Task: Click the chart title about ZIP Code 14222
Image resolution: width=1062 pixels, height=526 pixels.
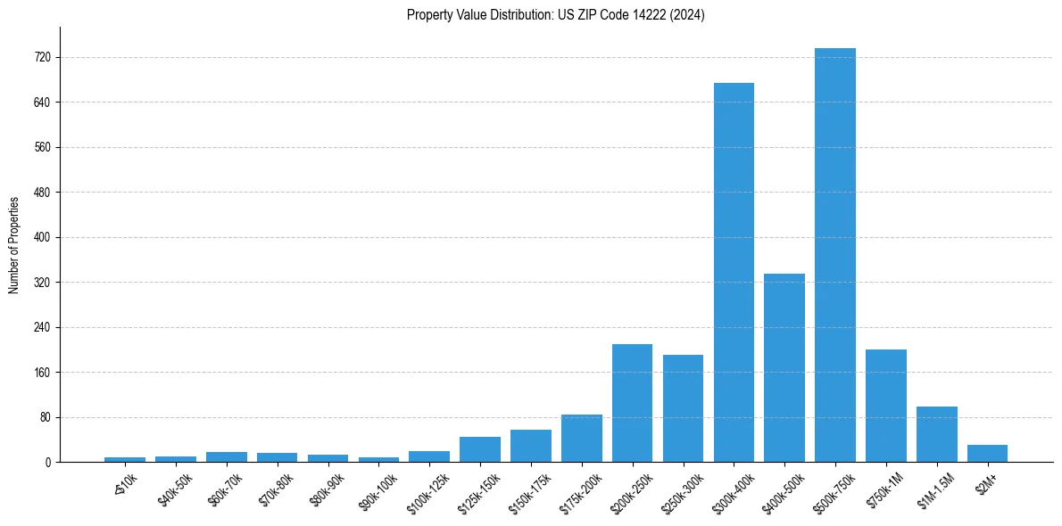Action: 555,15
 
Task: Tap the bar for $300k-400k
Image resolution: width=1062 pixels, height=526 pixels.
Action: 734,272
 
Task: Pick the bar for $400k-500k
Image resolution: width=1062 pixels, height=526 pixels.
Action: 784,367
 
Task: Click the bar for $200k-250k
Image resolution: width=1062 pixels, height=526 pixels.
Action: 632,403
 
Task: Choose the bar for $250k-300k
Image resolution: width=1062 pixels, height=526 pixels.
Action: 683,408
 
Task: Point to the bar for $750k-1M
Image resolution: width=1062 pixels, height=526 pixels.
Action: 886,406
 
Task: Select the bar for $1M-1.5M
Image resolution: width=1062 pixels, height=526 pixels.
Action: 937,434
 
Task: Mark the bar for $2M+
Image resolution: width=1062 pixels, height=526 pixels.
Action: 987,453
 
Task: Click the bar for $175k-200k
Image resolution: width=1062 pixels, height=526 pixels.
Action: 582,438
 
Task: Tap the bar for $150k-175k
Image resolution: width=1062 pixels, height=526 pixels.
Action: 531,446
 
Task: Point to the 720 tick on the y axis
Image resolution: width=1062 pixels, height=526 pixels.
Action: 42,57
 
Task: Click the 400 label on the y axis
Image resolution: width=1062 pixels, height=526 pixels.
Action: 42,237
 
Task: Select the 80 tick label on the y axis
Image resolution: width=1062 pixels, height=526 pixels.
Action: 45,417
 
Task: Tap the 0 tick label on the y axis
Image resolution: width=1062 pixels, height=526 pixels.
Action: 47,462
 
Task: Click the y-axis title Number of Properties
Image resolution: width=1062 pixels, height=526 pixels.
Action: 14,244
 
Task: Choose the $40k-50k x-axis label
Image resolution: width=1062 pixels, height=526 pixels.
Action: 176,487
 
